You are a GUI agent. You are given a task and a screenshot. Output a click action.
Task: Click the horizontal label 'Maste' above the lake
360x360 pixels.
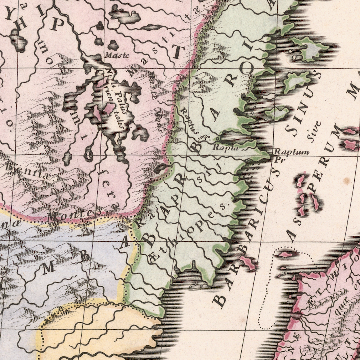[x=117, y=55]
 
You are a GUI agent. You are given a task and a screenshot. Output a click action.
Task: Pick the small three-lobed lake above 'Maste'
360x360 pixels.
[x=113, y=45]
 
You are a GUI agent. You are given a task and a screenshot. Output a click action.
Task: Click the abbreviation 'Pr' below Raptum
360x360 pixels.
[x=278, y=160]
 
